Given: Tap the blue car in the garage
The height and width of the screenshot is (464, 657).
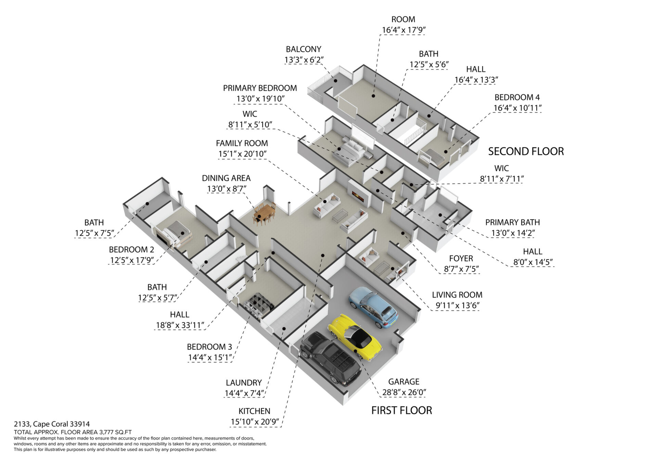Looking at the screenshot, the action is click(x=373, y=307).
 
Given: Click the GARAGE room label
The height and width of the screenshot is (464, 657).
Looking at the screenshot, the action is click(x=404, y=382).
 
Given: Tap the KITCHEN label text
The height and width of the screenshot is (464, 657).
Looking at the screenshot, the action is click(x=254, y=411).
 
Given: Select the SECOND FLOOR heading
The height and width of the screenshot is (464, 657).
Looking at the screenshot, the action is click(x=526, y=151).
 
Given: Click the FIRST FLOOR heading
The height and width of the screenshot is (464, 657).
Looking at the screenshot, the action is click(x=402, y=410).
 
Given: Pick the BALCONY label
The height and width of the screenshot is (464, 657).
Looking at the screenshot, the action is click(x=304, y=49).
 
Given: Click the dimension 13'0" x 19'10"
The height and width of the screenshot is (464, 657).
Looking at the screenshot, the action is click(x=260, y=99).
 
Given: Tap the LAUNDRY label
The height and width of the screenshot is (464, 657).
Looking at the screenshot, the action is click(x=244, y=383).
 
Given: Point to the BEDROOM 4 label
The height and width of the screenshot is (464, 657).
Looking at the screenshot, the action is click(x=517, y=97).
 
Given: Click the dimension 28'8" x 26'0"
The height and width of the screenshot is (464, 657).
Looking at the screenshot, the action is click(x=404, y=392).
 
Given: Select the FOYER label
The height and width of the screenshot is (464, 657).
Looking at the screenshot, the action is click(x=461, y=258).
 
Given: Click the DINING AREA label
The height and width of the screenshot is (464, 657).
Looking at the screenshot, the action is click(x=226, y=178).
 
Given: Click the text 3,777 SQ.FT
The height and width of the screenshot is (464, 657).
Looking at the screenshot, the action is click(x=115, y=432).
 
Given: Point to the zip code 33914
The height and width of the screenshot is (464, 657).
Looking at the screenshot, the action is click(x=80, y=424).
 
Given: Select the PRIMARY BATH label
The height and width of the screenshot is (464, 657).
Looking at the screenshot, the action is click(x=513, y=222).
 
